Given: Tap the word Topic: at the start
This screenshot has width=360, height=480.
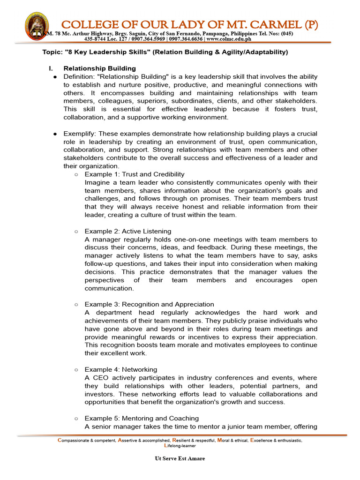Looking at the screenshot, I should [52, 52].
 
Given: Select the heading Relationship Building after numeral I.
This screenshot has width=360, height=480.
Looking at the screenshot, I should [99, 68].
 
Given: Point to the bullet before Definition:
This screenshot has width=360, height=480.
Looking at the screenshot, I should [55, 77].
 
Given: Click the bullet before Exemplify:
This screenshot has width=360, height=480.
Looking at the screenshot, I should [55, 134].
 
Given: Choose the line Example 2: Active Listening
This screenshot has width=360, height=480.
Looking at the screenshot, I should [127, 231].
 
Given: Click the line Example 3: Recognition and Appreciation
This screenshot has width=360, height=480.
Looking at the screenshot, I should [149, 304].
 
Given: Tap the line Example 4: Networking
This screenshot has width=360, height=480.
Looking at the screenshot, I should [120, 369].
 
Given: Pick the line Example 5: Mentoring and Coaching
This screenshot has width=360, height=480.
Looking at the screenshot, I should [142, 418].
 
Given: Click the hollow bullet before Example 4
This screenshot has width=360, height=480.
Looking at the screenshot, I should [76, 370].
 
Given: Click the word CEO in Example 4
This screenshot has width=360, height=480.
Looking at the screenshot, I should [100, 378].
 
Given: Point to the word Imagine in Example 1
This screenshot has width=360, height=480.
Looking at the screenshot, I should [98, 182].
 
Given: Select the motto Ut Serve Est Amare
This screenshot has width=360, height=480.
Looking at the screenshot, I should [180, 458].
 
